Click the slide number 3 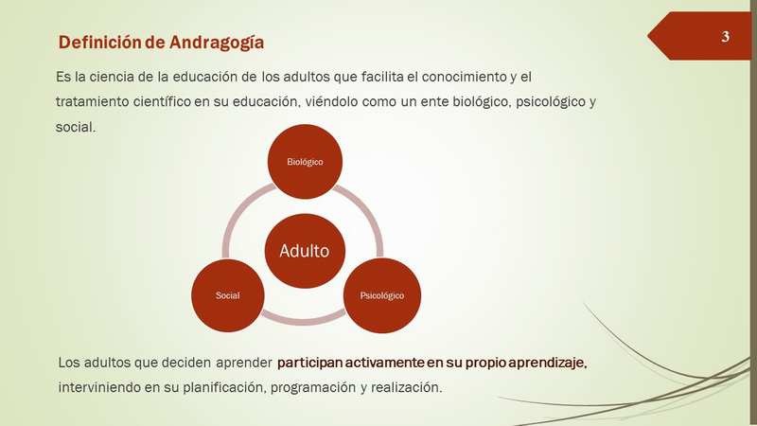725,37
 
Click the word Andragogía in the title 217,43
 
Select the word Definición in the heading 99,42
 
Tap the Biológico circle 305,161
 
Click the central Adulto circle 305,251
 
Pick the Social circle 227,295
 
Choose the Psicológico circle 382,295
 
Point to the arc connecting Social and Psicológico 303,322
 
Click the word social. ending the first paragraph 76,127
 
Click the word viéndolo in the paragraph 332,102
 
